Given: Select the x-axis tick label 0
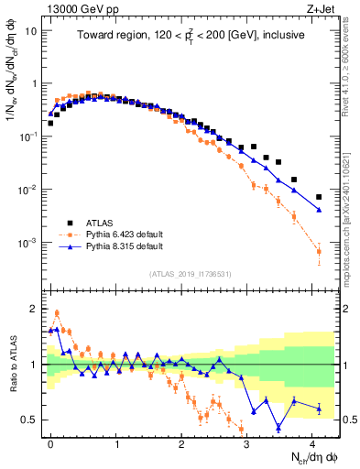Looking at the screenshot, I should click(51, 442).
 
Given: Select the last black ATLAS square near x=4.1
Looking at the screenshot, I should click(319, 197).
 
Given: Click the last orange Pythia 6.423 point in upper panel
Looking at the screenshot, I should click(319, 251).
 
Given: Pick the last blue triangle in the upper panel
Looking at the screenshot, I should click(319, 210).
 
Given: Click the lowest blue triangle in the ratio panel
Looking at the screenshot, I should click(279, 427).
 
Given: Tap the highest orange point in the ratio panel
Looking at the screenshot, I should click(57, 312).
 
